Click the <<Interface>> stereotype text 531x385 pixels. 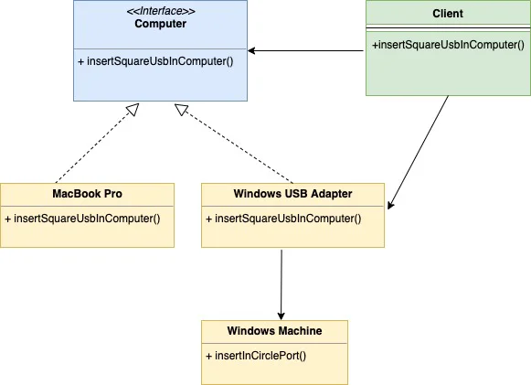click(x=161, y=11)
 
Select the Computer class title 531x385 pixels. click(x=161, y=24)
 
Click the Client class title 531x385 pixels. click(x=448, y=14)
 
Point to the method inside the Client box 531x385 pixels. click(x=448, y=45)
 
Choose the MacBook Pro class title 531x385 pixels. click(x=88, y=194)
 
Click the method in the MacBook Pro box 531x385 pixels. click(x=82, y=219)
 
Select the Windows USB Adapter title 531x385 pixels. click(x=293, y=194)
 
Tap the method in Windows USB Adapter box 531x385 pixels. click(x=283, y=219)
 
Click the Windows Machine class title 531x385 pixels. click(x=275, y=331)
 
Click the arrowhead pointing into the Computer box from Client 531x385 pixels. click(x=251, y=51)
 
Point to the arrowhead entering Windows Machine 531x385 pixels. click(x=281, y=315)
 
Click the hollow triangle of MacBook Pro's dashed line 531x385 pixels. click(x=133, y=109)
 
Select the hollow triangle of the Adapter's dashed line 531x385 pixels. click(x=181, y=109)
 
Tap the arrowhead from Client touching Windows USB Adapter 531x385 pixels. click(x=390, y=205)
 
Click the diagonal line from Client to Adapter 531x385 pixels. click(x=419, y=153)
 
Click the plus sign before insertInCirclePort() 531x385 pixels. click(x=209, y=356)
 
